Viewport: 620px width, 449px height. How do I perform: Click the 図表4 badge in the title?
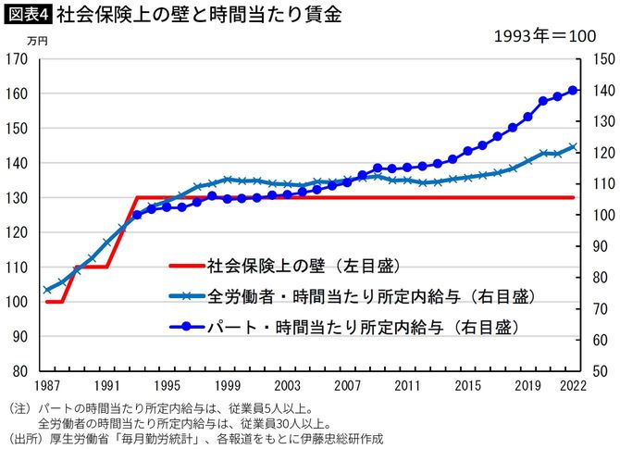[x=28, y=15]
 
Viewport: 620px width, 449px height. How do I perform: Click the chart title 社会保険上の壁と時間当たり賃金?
[x=185, y=15]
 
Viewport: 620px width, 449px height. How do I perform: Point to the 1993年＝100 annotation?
[x=542, y=38]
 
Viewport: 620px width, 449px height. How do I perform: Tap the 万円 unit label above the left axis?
[x=37, y=42]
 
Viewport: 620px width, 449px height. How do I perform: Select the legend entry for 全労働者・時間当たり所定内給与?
[x=353, y=296]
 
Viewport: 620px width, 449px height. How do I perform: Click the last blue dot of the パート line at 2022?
[x=573, y=90]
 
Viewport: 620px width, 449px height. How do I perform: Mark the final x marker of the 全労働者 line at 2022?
[x=573, y=146]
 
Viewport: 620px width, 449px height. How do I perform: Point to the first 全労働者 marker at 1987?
[x=47, y=290]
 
